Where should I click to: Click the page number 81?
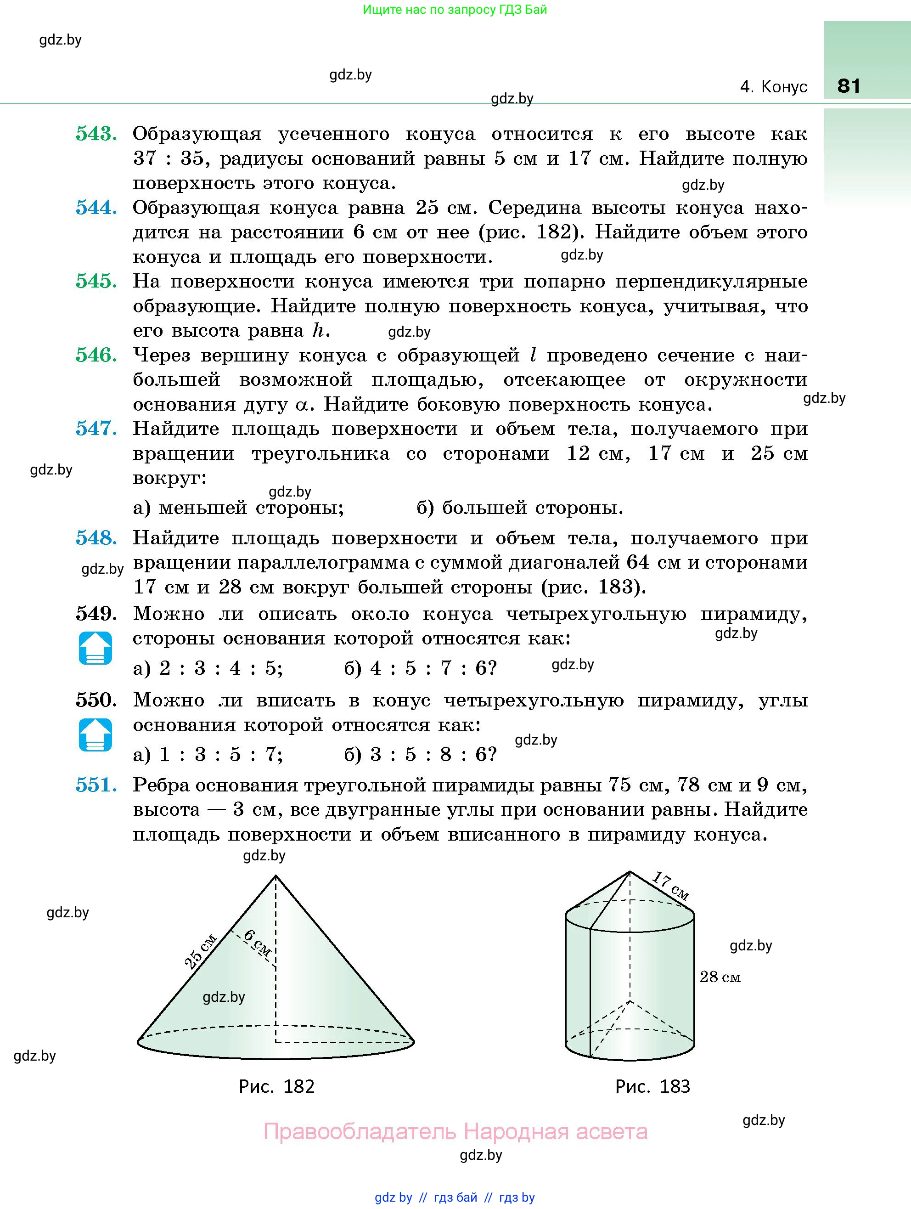pos(849,86)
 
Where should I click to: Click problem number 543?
pos(96,134)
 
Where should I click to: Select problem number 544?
pos(96,208)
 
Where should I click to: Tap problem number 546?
pos(96,355)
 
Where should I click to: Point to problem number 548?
pos(96,538)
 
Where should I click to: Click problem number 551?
pos(96,785)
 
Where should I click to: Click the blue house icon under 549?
pos(96,648)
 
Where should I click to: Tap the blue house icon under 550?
pos(96,734)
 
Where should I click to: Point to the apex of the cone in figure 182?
pos(276,876)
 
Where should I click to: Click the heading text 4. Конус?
pos(773,87)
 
